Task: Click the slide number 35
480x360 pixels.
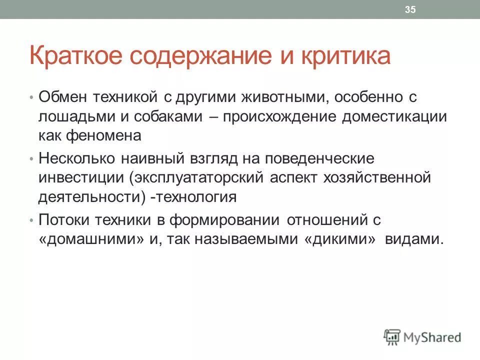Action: point(410,10)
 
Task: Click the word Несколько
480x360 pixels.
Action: point(76,158)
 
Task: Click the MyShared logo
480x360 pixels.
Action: point(423,337)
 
